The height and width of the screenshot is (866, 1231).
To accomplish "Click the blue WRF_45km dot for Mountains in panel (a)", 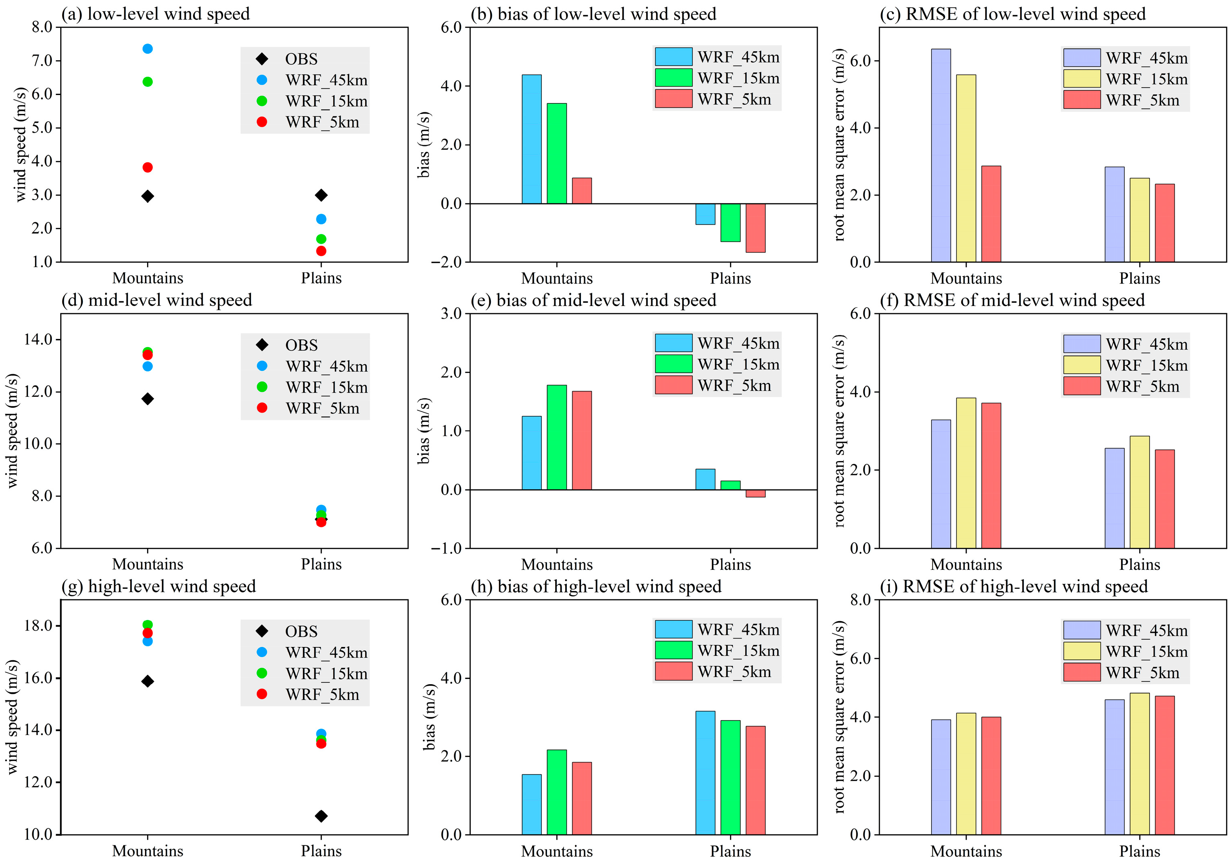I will (x=147, y=49).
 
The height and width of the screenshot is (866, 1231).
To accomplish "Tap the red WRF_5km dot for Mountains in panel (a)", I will (x=147, y=167).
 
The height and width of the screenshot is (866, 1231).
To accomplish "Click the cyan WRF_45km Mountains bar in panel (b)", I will (x=531, y=139).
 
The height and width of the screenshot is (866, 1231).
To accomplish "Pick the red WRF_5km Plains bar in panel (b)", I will (x=755, y=228).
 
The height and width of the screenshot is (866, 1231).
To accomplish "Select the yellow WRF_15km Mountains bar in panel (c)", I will (x=966, y=169).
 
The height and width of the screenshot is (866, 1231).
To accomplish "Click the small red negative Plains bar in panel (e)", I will (x=755, y=493).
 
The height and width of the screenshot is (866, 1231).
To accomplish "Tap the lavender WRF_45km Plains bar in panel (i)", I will (x=1114, y=767).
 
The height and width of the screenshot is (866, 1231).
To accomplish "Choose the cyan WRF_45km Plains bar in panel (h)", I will (x=705, y=773).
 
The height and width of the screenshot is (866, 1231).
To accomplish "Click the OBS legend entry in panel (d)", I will (x=301, y=345).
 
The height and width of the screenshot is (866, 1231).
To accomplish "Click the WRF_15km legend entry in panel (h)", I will (x=738, y=651).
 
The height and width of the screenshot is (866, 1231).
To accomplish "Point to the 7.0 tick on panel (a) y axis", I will (x=42, y=61).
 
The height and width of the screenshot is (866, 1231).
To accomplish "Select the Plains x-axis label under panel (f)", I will (x=1139, y=565).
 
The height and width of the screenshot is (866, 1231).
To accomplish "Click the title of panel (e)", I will (x=593, y=300).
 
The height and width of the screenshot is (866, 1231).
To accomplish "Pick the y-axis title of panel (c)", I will (x=840, y=145).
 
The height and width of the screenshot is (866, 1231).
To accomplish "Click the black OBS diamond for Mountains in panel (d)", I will (x=147, y=399).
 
